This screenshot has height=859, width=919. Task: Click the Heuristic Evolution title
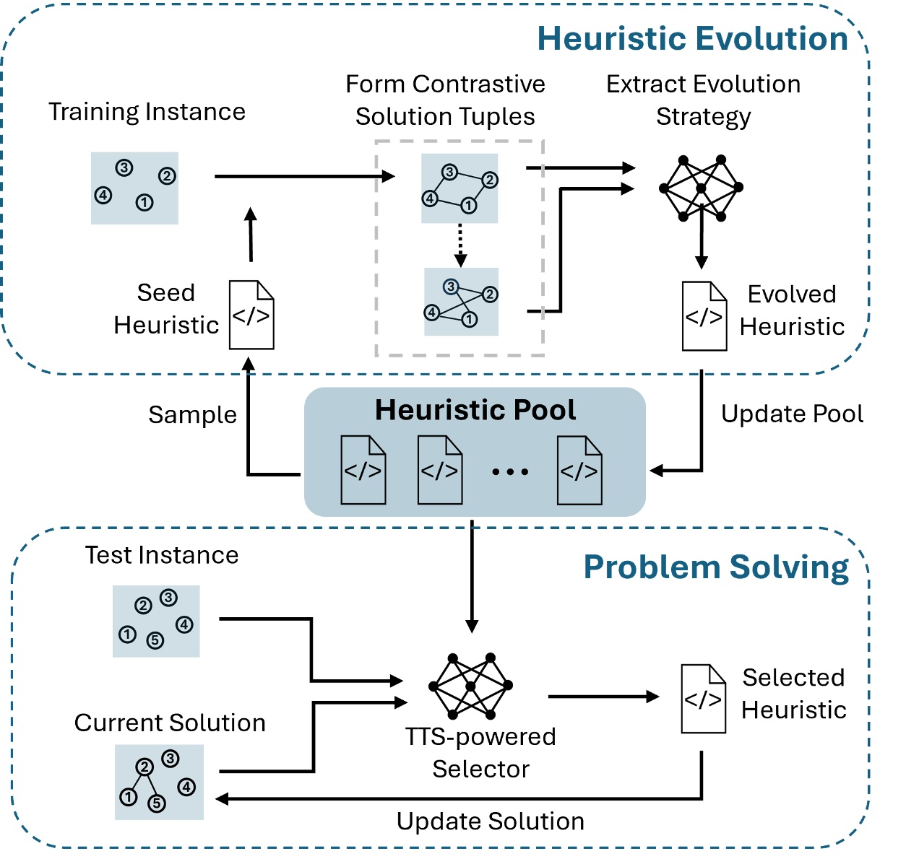pos(692,39)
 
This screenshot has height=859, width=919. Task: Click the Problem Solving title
pos(716,567)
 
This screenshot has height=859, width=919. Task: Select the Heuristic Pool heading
pos(475,410)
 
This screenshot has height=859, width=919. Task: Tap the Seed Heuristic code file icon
pos(251,315)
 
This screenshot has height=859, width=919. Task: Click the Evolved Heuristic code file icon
pos(704,316)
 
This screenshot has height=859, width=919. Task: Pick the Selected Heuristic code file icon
pos(703,699)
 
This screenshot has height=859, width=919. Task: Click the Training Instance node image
pos(134,188)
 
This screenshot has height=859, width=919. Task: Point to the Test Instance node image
pos(156,621)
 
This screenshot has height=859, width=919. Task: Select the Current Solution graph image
pos(159,782)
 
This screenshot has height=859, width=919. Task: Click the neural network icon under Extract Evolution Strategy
pos(701,188)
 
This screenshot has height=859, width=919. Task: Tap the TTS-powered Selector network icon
pos(470,686)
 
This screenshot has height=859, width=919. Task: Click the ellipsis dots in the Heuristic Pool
pos(510,472)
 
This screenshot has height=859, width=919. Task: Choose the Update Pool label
pos(792,414)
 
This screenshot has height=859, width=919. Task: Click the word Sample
pos(192,415)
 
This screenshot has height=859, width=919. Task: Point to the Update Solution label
pos(490,821)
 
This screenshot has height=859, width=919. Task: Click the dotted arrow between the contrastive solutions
pos(460,245)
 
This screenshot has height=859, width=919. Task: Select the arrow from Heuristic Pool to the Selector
pos(472,577)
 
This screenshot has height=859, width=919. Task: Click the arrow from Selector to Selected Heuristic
pos(603,697)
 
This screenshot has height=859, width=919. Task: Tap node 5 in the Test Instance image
pos(155,640)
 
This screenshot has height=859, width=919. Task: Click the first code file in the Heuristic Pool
pos(363,470)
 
